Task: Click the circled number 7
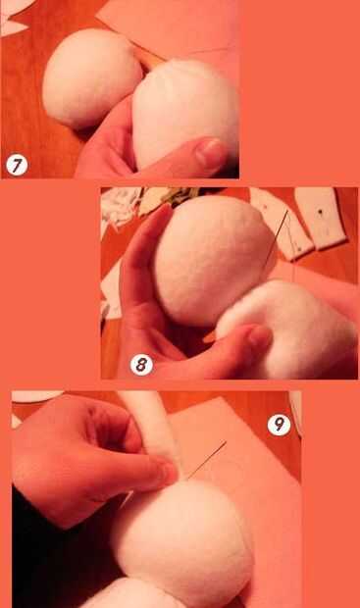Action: coord(17,165)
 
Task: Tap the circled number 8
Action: coord(141,365)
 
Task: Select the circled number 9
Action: coord(279,425)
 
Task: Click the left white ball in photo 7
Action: coord(91,77)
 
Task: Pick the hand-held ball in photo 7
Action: coord(186,113)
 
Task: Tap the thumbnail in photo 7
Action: coord(210,153)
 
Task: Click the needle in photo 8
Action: coord(277,235)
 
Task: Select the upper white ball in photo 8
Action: coord(215,260)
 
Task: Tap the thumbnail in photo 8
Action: coord(260,335)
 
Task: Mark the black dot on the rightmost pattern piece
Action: coord(320,212)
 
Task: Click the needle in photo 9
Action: coord(206,460)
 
